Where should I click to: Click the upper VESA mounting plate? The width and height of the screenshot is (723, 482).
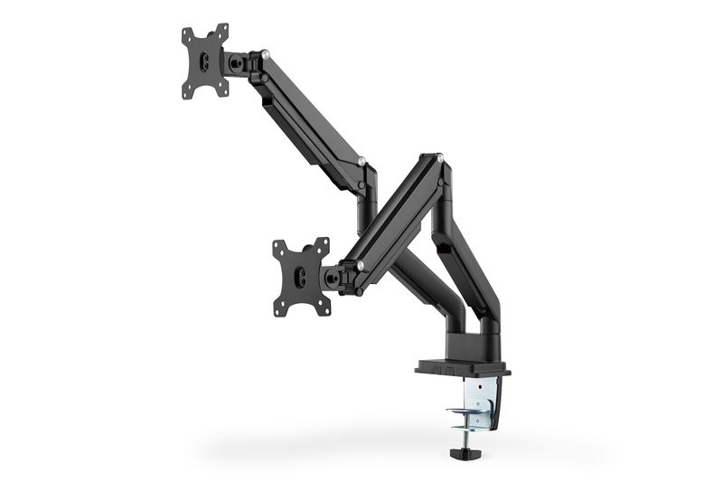click(206, 61)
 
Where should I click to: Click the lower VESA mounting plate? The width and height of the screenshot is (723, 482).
click(302, 277)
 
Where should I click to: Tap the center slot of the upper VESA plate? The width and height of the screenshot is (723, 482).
click(206, 62)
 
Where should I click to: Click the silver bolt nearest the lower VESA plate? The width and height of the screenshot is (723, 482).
click(361, 265)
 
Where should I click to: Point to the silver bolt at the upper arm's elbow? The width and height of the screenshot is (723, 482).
click(361, 163)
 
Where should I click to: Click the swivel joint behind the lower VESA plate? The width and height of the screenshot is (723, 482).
click(335, 277)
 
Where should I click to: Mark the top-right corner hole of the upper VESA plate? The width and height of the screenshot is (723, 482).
click(223, 30)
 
